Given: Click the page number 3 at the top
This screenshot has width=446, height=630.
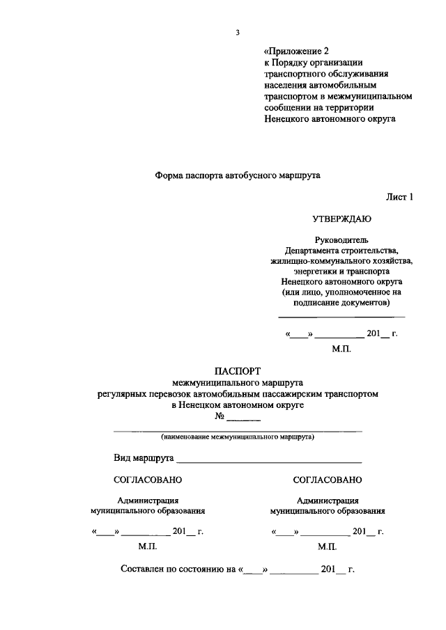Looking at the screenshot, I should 238,33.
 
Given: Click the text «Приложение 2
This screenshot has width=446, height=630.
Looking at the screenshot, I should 296,52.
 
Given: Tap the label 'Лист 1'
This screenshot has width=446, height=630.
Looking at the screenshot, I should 400,197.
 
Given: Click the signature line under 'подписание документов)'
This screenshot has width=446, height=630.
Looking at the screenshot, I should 341,317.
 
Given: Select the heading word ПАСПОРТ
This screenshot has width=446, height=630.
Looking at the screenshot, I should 237,371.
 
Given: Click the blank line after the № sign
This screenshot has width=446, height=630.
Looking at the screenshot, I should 244,420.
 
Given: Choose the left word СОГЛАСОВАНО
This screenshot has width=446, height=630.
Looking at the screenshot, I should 148,480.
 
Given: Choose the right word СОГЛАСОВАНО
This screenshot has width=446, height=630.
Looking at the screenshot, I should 328,480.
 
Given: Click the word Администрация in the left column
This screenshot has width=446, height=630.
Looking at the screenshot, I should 148,500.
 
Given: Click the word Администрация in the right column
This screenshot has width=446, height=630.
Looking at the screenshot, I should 328,500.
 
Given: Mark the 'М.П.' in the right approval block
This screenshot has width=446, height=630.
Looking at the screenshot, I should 328,548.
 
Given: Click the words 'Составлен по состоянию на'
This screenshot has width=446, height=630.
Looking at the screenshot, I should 179,569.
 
